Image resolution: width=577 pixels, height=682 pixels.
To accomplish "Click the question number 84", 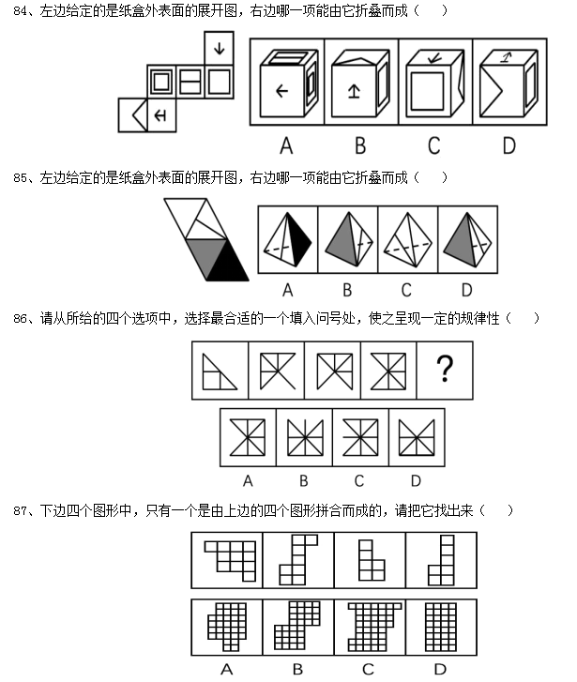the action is [20, 11].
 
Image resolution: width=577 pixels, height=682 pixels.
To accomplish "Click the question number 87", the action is [20, 510].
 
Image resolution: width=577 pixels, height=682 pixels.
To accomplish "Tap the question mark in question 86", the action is [445, 369].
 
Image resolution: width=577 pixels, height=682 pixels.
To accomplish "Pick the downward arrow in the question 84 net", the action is [219, 48].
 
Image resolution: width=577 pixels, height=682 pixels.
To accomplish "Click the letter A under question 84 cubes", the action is [286, 145].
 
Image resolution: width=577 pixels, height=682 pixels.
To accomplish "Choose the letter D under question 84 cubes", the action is [509, 145].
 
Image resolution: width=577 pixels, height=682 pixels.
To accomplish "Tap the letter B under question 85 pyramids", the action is [347, 290].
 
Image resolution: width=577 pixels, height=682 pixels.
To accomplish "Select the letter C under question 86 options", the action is [359, 480].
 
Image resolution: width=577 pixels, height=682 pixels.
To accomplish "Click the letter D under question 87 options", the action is [440, 669].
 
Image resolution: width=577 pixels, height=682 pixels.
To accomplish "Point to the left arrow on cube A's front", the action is [282, 91].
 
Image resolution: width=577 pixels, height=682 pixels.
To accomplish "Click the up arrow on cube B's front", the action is [354, 91].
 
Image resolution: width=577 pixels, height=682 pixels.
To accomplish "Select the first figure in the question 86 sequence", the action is [220, 371].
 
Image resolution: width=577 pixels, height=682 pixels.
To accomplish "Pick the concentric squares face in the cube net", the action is [161, 82].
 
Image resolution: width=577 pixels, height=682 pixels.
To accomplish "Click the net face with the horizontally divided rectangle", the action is [190, 82].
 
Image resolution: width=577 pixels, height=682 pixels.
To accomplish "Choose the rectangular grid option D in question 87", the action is [441, 627].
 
